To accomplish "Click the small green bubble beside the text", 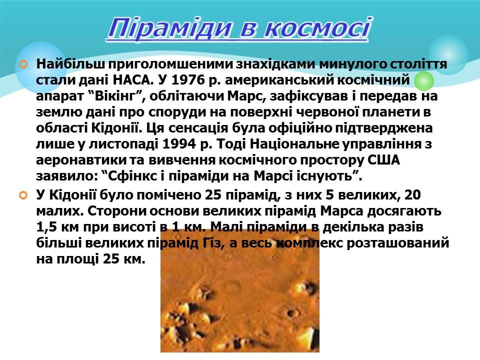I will [x=424, y=81].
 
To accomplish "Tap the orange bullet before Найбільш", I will [x=23, y=65].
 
